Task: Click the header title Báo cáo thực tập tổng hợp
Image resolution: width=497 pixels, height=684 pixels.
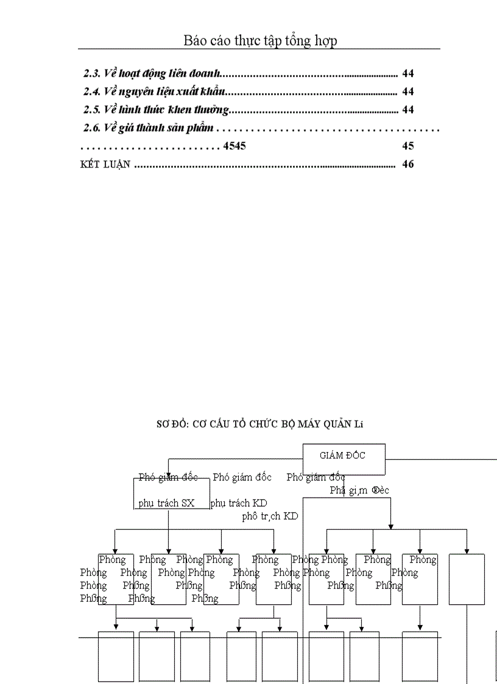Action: [260, 41]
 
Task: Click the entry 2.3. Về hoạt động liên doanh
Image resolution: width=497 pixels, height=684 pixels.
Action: [152, 74]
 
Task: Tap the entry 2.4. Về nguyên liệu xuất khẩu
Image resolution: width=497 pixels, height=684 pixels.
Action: [155, 92]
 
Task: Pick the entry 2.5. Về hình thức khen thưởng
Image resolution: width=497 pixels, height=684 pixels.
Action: [156, 110]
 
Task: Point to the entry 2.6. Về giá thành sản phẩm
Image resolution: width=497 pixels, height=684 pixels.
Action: [149, 129]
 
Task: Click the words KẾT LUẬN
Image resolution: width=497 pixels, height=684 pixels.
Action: [105, 164]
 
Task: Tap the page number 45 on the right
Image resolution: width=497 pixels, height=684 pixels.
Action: [408, 146]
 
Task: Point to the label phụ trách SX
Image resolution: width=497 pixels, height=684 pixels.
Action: [166, 504]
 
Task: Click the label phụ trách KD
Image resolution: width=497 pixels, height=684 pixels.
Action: [239, 504]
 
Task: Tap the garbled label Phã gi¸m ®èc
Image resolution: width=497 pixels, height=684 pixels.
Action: [359, 490]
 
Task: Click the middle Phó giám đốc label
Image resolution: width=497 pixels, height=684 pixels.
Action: [242, 478]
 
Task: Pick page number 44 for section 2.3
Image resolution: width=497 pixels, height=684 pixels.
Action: [408, 74]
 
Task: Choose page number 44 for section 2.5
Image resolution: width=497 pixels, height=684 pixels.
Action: [408, 110]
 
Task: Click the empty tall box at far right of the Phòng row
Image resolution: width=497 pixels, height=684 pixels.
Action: [467, 579]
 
